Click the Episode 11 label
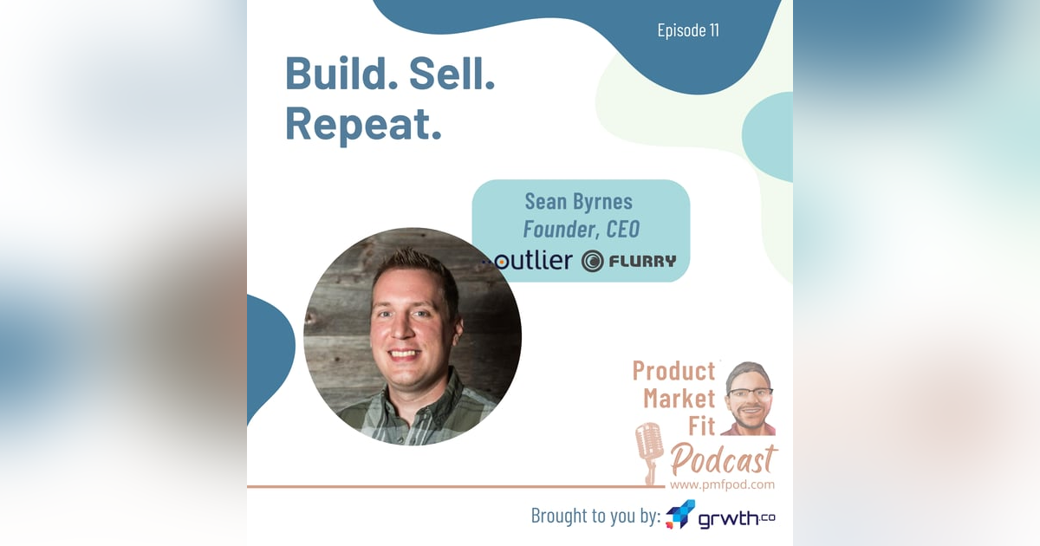tap(688, 31)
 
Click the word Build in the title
tap(335, 75)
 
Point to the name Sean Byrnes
tap(579, 202)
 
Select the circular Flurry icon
tap(593, 261)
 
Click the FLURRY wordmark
tap(642, 261)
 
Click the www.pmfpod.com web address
tap(722, 484)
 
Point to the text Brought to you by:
tap(595, 517)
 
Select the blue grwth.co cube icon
tap(680, 515)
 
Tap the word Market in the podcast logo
tap(678, 400)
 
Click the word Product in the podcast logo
tap(673, 371)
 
